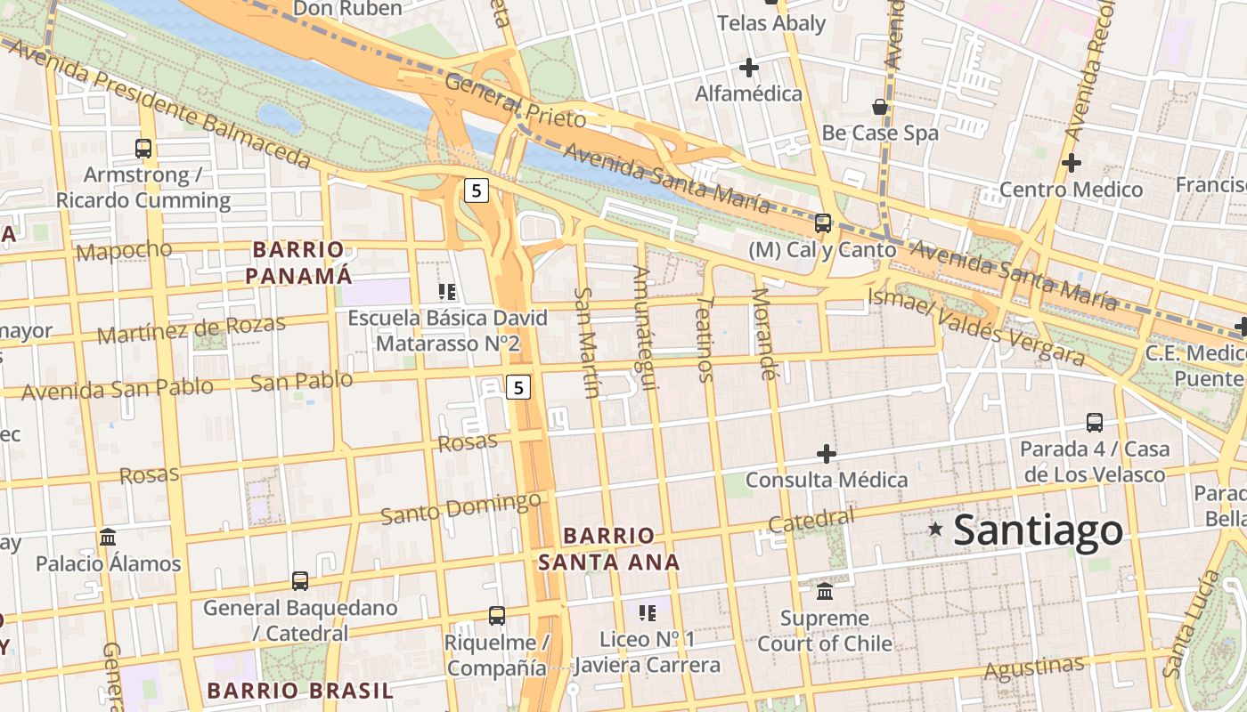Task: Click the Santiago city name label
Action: [1038, 530]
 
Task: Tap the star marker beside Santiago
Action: [935, 529]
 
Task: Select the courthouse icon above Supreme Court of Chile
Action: [825, 591]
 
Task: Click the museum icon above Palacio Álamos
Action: [109, 537]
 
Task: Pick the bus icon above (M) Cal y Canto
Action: [823, 222]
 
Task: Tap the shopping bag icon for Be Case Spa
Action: [880, 107]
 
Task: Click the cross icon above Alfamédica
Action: [749, 67]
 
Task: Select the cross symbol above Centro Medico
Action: [1072, 163]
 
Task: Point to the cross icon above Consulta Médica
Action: [827, 454]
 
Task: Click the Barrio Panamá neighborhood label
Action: [298, 263]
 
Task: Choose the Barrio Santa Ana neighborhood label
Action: [609, 548]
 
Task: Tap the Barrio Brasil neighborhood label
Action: [300, 690]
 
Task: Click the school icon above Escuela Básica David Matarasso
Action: [447, 291]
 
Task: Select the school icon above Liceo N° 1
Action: [648, 612]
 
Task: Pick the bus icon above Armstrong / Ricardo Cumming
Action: [143, 148]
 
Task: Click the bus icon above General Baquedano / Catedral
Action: [300, 581]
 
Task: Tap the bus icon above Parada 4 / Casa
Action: [1095, 422]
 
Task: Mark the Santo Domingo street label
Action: [460, 507]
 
